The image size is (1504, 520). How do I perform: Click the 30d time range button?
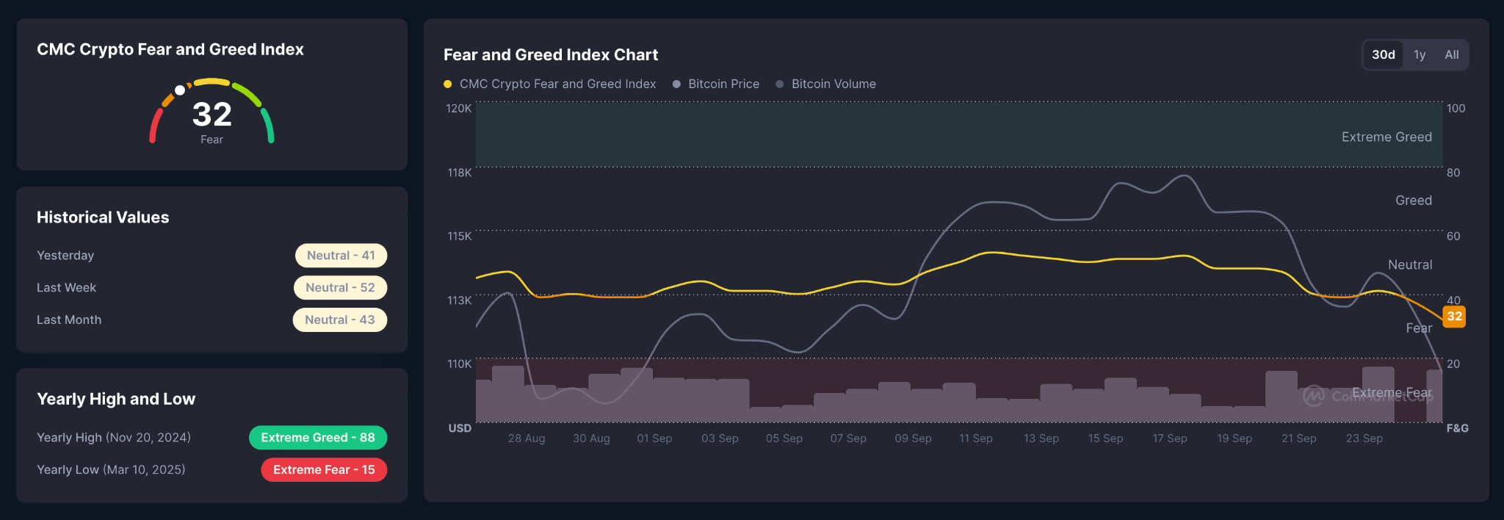[x=1383, y=55]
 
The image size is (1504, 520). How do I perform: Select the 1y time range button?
[x=1420, y=55]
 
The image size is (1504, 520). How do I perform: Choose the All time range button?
[x=1452, y=55]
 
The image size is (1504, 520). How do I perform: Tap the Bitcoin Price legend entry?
[x=716, y=84]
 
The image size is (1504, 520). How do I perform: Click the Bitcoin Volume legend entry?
[x=825, y=84]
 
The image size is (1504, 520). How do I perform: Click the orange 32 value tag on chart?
[x=1454, y=317]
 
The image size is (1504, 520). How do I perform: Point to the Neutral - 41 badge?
[x=341, y=256]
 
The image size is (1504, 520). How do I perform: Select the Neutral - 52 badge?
[x=340, y=288]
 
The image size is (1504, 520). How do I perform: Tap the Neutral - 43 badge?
[x=340, y=320]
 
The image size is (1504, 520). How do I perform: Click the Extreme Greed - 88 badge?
[x=318, y=438]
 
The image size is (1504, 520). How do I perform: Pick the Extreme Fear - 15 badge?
[x=324, y=470]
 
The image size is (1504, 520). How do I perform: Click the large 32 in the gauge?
[x=212, y=115]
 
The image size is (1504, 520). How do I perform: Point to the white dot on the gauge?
[x=180, y=90]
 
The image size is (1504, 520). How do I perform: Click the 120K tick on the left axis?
[x=459, y=109]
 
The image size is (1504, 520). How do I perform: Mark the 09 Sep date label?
[x=913, y=438]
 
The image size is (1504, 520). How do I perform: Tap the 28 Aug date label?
[x=527, y=438]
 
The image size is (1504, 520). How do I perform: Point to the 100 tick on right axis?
[x=1456, y=109]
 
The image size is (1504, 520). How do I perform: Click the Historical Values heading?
[x=103, y=217]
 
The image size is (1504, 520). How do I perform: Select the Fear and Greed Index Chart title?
[x=551, y=55]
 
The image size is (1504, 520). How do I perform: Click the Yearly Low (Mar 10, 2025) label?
[x=111, y=470]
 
